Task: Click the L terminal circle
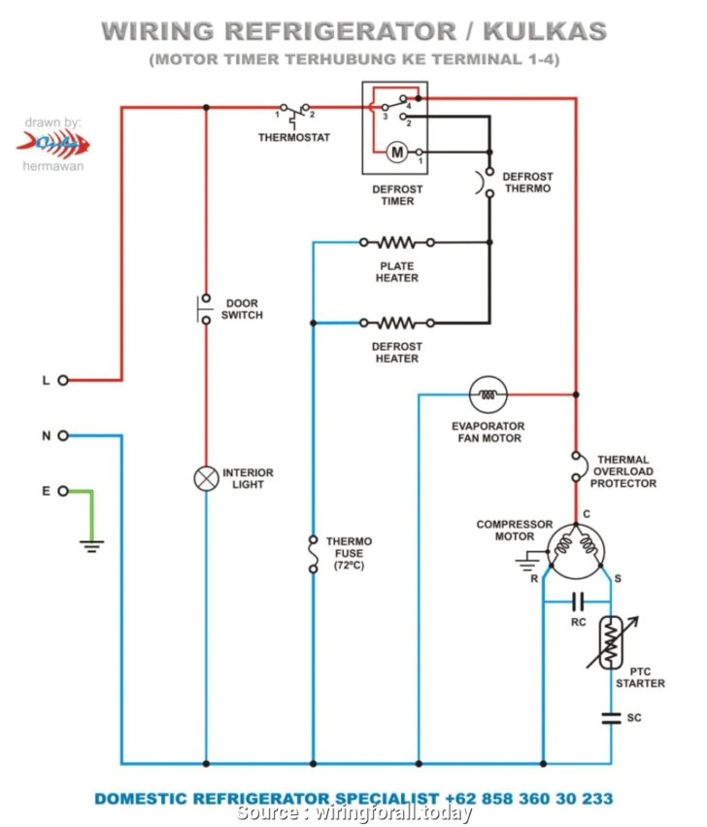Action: click(63, 380)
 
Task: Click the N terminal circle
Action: click(63, 435)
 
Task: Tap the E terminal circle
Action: click(63, 491)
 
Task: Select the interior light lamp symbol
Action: click(205, 478)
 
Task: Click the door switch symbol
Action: click(205, 308)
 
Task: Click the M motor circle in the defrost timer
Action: click(396, 152)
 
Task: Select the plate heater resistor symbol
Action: click(396, 242)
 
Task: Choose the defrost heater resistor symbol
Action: click(396, 322)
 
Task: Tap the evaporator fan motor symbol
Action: click(488, 395)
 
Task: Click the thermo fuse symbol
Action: click(313, 554)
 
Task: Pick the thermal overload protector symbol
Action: click(576, 465)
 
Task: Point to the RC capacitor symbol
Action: click(578, 600)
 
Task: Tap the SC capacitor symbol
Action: click(611, 718)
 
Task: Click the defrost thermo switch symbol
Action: click(488, 182)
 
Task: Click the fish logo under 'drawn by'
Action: click(53, 144)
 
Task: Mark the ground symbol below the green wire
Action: click(91, 547)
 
